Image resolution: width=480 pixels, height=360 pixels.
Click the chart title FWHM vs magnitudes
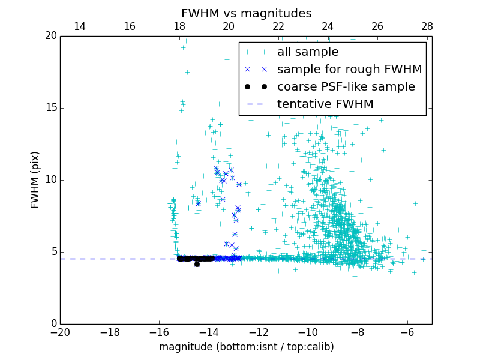(246, 13)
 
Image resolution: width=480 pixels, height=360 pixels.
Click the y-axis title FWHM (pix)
(35, 180)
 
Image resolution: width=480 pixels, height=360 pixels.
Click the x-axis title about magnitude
(246, 347)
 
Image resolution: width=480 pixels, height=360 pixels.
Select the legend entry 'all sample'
(308, 52)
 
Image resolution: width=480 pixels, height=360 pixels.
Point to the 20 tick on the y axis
(50, 36)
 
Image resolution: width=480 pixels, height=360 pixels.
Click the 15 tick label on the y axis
(50, 108)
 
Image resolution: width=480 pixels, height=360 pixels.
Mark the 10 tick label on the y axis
(50, 180)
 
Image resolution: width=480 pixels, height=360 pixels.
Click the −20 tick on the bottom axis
(60, 332)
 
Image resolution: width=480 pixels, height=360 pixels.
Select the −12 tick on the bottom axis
(259, 332)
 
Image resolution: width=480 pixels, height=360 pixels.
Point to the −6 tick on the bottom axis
(407, 332)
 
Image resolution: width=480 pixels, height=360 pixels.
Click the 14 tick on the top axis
(79, 26)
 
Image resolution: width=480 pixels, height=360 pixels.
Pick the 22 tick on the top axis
(278, 26)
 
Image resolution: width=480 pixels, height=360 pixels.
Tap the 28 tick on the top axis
(427, 26)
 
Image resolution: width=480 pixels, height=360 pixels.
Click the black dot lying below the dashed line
(197, 264)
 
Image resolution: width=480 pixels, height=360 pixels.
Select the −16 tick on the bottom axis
(159, 332)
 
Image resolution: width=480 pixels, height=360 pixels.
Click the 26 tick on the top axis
(377, 26)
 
